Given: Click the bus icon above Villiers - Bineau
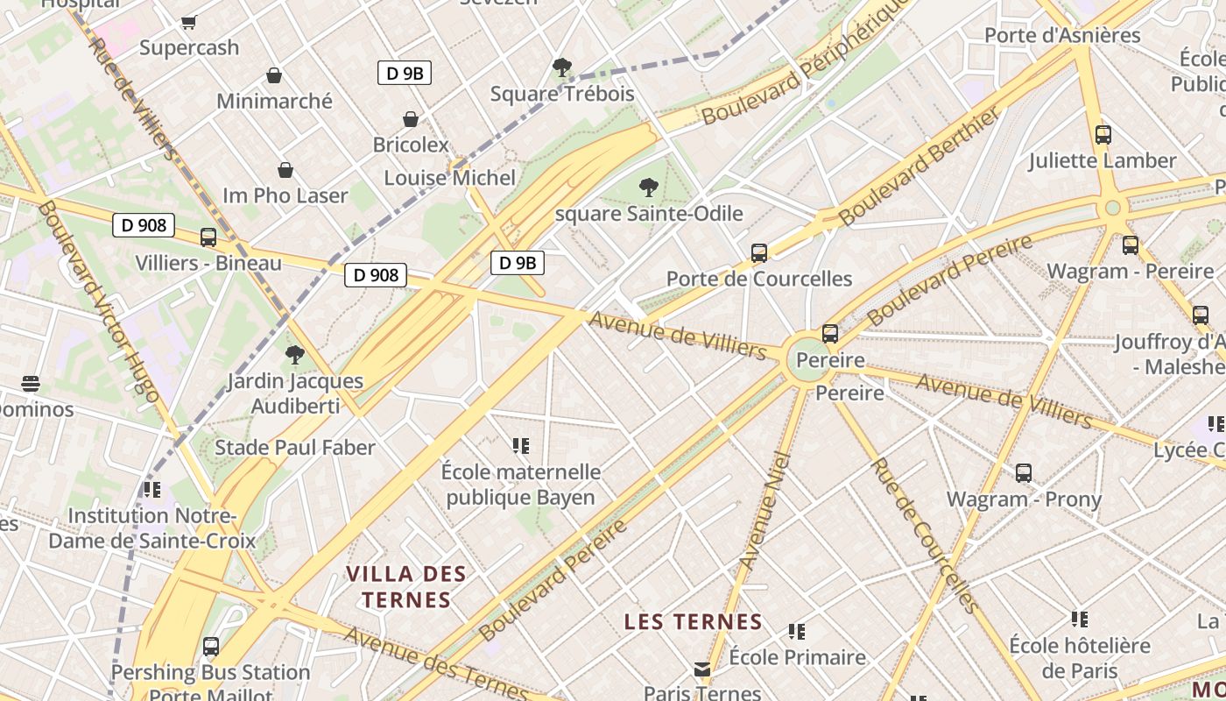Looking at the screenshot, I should click(208, 237).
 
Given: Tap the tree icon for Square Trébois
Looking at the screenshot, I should click(562, 67).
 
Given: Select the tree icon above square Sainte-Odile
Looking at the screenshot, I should click(648, 187).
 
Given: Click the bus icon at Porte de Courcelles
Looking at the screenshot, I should click(759, 253).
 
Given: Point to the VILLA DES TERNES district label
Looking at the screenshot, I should click(406, 587).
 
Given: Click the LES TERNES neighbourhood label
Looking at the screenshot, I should click(693, 622).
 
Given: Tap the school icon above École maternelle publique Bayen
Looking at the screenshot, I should click(521, 446).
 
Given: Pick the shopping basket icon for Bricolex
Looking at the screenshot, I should click(410, 119).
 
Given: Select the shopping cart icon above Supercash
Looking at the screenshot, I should click(189, 22).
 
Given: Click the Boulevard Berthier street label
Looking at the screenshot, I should click(919, 166).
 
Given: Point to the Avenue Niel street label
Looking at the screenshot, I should click(764, 510).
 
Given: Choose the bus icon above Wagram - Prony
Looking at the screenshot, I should click(1023, 474).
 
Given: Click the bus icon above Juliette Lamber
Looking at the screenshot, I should click(1103, 135).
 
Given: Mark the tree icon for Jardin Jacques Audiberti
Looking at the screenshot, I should click(295, 355).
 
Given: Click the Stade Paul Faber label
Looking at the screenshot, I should click(295, 448).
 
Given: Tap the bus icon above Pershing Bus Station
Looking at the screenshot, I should click(210, 647).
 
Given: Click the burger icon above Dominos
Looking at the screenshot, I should click(31, 384).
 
